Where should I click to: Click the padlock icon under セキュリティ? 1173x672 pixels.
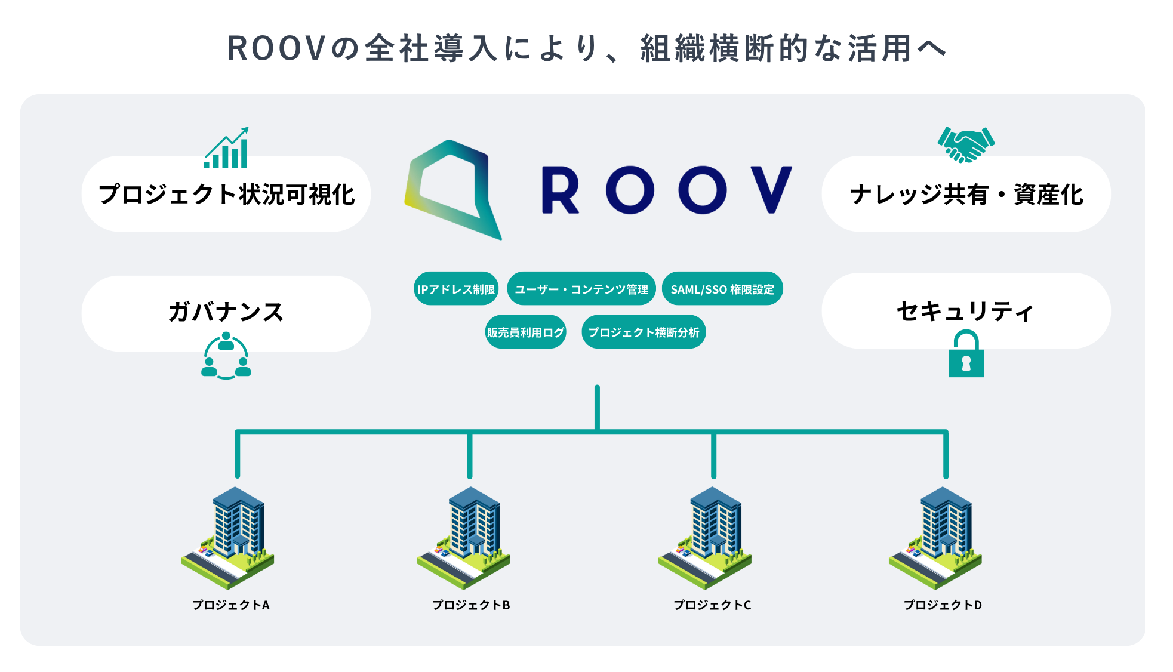pos(966,355)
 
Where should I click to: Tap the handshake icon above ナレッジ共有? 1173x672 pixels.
pos(966,144)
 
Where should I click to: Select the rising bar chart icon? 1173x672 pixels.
pos(226,149)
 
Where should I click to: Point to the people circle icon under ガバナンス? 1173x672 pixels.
pos(226,357)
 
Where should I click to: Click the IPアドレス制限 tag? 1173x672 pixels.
pos(456,289)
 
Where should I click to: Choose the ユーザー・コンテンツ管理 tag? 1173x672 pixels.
pos(581,289)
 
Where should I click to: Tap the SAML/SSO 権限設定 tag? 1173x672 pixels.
pos(722,289)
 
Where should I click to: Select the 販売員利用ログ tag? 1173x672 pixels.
pos(525,332)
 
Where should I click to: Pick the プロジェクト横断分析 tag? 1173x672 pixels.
pos(644,332)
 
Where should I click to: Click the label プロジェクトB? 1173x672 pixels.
pos(471,605)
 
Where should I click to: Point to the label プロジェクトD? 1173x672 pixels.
pos(943,605)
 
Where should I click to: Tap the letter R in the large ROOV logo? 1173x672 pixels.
pos(560,190)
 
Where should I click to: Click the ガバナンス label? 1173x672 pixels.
pos(226,312)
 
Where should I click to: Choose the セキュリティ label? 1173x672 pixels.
pos(965,311)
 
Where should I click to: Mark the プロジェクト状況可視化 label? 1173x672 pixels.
pos(226,195)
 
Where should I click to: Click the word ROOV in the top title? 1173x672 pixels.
pos(276,48)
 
